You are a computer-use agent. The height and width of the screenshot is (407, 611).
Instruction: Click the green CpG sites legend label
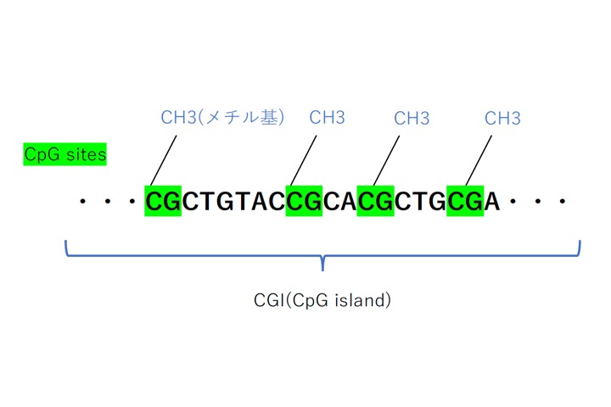pos(64,154)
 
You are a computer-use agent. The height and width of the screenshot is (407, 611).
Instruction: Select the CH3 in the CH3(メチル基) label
pos(178,117)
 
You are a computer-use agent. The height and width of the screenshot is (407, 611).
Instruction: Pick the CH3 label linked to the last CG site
pos(502,118)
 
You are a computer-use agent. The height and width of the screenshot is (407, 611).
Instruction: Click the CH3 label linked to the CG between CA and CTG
pos(412,118)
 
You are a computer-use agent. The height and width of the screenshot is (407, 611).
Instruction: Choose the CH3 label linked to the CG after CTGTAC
pos(327,117)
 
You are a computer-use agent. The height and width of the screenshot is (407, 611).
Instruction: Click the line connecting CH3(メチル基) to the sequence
pos(164,160)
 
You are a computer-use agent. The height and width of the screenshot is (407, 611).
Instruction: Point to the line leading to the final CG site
pos(479,160)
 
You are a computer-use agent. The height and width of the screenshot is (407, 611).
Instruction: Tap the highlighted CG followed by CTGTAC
pos(163,201)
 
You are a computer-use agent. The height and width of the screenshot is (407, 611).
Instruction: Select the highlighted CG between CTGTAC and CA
pos(304,201)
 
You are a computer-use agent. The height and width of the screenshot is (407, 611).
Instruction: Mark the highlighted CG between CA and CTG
pos(376,201)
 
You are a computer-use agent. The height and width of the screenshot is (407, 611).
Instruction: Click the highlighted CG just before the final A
pos(465,201)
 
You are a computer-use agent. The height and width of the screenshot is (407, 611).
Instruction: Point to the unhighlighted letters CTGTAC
pos(233,201)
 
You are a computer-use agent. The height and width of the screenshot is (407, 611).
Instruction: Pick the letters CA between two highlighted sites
pos(339,201)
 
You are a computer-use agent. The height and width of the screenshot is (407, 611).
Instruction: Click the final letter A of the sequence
pos(491,201)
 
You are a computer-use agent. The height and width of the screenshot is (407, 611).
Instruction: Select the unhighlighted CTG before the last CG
pos(420,201)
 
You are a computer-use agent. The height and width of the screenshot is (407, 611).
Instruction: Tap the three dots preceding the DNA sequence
pos(108,201)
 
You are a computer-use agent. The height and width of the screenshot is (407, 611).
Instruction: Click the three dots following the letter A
pos(538,201)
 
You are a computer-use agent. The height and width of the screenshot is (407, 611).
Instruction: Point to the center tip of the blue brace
pos(322,270)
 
